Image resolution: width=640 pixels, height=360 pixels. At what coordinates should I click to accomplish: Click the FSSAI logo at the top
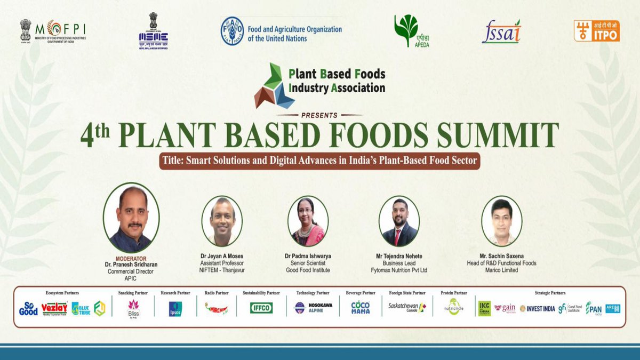501,33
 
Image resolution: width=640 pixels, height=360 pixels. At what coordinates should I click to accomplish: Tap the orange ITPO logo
596,31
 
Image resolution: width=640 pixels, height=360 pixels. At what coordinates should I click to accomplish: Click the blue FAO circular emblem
232,30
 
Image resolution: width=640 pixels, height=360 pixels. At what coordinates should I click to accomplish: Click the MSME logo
153,33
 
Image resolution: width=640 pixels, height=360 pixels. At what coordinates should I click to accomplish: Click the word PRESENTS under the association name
320,115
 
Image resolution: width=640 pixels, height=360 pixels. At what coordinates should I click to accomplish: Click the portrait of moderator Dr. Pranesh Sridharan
131,218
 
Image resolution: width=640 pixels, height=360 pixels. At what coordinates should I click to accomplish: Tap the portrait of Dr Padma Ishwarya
308,221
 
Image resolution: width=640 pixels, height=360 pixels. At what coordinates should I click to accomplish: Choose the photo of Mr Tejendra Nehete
399,221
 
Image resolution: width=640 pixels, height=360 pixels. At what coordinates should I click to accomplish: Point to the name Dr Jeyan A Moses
222,256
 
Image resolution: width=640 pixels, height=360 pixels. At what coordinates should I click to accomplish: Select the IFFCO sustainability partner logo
261,308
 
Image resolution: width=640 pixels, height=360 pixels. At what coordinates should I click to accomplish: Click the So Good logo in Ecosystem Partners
28,309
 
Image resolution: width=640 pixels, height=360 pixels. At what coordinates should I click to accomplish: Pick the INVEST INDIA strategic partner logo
538,308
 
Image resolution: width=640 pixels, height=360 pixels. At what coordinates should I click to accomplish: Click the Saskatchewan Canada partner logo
407,308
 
